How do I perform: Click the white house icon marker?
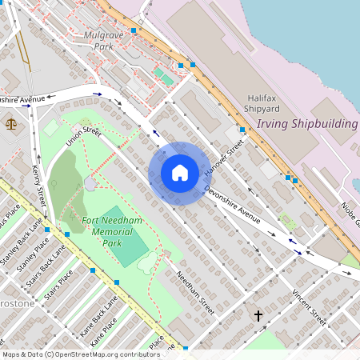click(x=180, y=173)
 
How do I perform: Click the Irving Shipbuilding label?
click(x=306, y=124)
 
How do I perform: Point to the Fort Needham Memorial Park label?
click(x=101, y=230)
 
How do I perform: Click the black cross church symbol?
click(x=258, y=316)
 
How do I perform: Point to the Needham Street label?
click(x=197, y=294)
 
